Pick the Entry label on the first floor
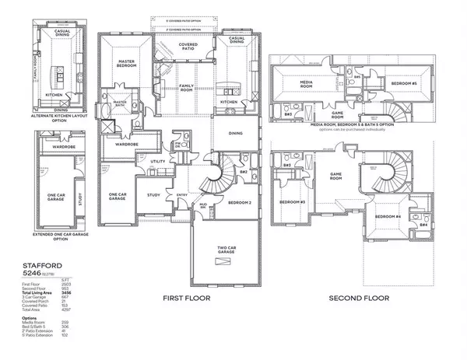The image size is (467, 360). (182, 196)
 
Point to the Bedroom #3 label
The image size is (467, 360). (292, 204)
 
